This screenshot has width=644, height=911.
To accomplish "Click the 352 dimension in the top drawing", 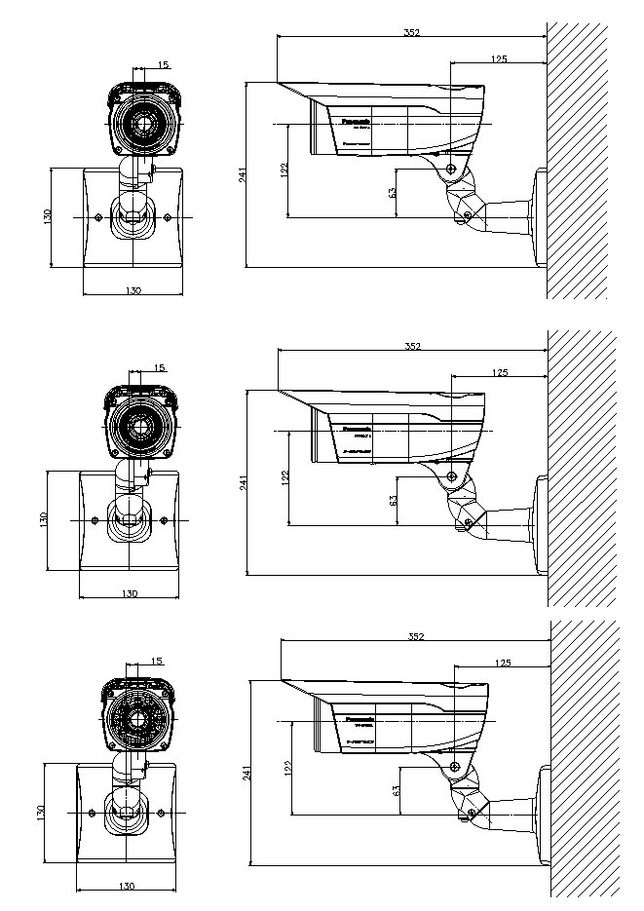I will coord(411,32).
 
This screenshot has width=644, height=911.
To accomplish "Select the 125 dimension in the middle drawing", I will coord(499,372).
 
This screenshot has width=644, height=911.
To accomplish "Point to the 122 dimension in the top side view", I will coord(284,170).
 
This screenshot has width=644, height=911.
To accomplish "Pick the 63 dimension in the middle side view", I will coord(393,501).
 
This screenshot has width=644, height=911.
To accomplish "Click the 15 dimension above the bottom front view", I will coord(157,661).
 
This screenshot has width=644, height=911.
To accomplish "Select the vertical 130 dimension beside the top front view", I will coord(47,216).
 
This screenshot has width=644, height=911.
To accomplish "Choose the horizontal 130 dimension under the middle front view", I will coord(129,593).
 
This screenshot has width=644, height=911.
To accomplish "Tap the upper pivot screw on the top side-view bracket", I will coord(451,170).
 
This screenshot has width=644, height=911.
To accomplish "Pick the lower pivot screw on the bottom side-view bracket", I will coord(473,812).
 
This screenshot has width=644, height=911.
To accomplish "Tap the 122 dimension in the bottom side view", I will coord(287,768).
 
